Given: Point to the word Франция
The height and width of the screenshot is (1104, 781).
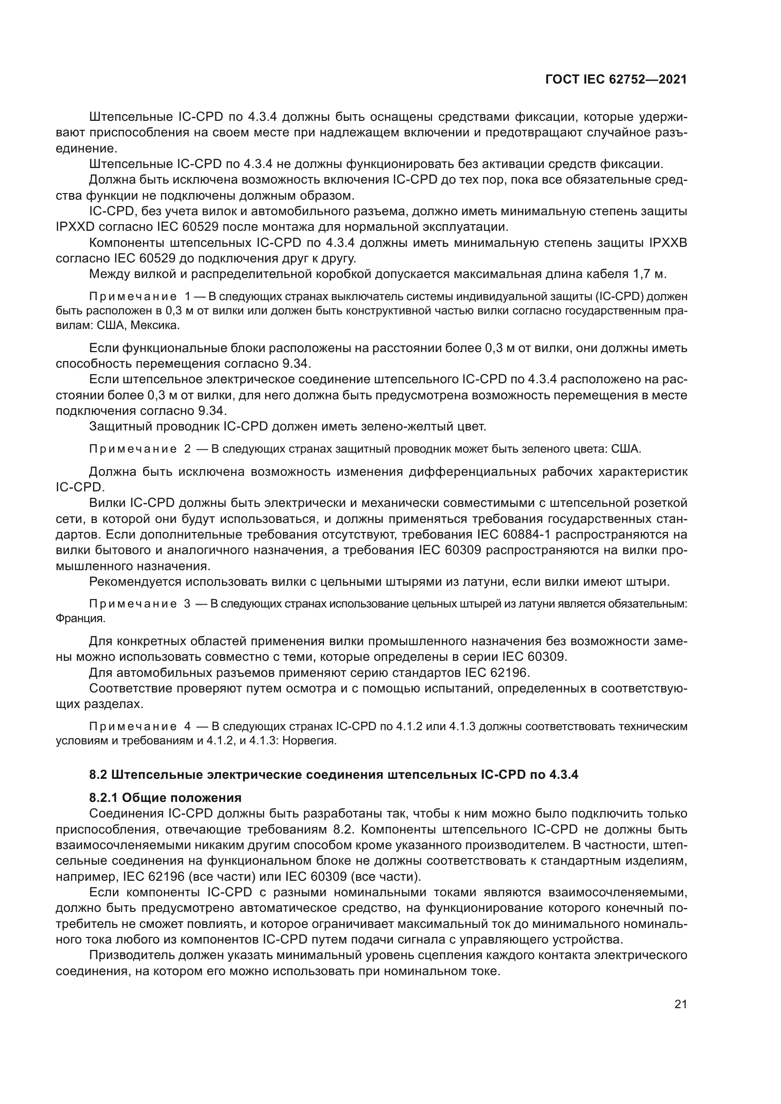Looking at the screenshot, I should click(80, 618).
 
